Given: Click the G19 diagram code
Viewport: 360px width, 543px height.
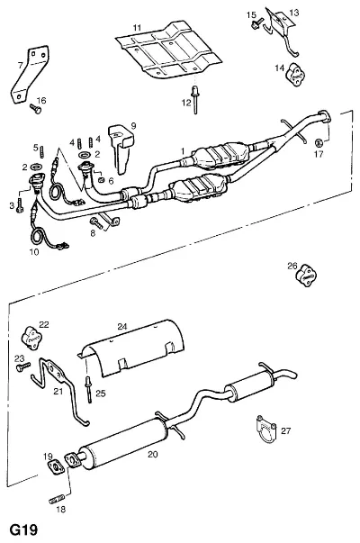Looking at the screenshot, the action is (23, 529).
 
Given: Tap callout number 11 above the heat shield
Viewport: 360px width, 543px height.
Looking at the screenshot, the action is (137, 27).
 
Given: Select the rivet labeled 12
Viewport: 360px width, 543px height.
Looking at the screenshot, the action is (195, 100).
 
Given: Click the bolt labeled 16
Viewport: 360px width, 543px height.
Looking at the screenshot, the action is (35, 108).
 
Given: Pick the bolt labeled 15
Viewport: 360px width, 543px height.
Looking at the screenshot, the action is (256, 24).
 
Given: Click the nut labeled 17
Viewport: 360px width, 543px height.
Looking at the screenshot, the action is (319, 142).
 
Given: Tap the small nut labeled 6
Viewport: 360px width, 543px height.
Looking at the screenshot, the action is (102, 180).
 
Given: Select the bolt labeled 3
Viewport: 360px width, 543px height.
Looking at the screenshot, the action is (20, 205).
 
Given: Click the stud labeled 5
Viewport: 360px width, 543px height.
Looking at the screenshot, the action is (43, 151).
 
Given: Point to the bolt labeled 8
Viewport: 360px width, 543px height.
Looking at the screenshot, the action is (96, 222).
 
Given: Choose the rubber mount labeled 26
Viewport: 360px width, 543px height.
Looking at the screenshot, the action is (306, 276).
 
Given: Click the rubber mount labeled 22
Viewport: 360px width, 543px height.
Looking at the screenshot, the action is (32, 339).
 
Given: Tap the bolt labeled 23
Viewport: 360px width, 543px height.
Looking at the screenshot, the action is (23, 367).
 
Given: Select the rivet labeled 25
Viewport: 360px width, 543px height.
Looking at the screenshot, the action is (89, 389).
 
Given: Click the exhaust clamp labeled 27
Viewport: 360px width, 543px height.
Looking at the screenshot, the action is (265, 429).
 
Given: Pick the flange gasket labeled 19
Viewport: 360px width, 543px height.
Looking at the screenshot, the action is (56, 466).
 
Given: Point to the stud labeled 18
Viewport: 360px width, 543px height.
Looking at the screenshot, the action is (57, 499).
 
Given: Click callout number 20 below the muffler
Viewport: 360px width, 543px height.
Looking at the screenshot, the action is (153, 454).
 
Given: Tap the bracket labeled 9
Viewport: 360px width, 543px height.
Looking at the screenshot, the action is (121, 149).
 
